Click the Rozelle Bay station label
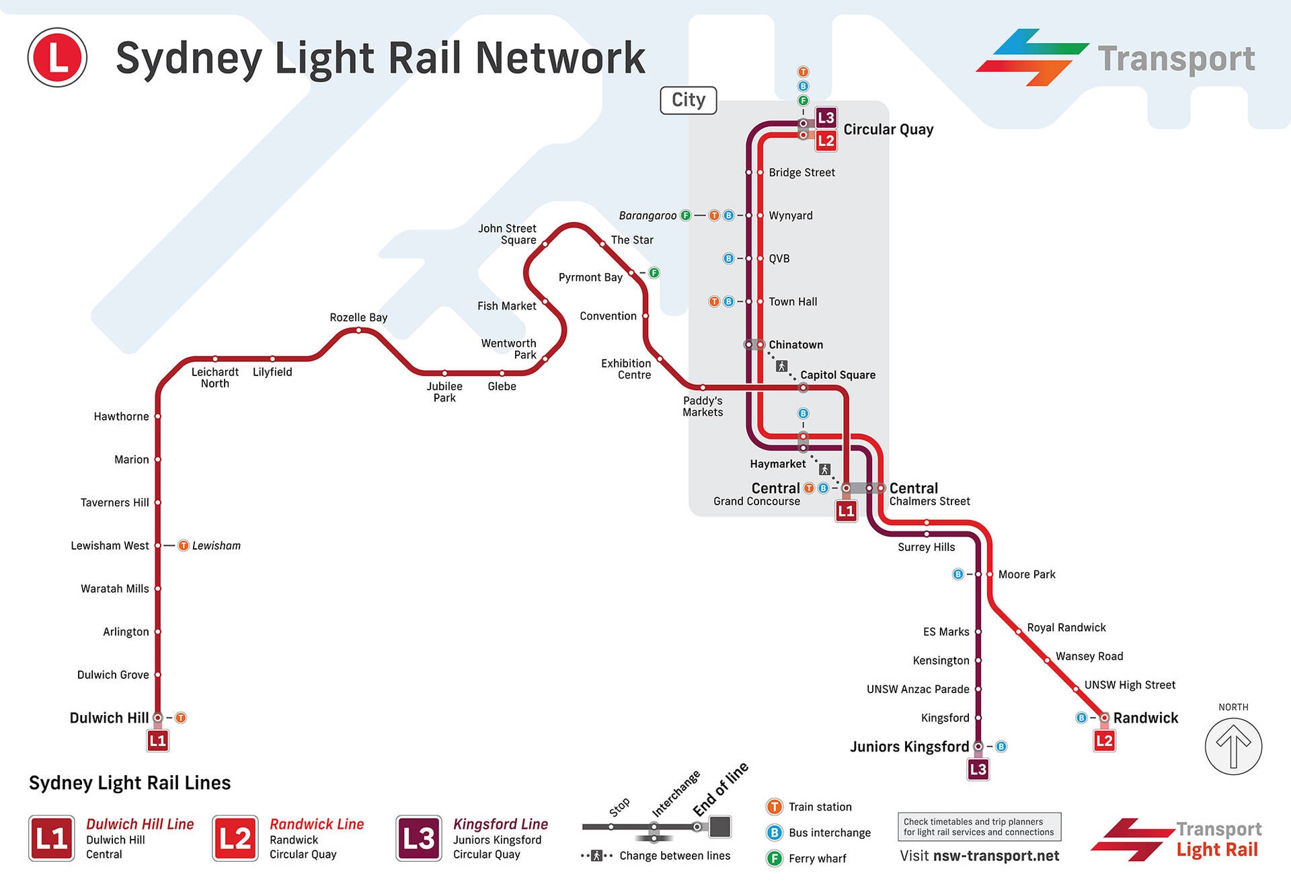point(358,317)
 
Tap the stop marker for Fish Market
point(545,301)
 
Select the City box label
point(689,100)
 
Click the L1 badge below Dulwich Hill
point(158,741)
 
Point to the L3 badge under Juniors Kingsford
point(978,769)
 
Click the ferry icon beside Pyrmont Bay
point(654,272)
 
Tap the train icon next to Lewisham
point(183,546)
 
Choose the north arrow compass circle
point(1233,746)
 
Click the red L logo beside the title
point(57,57)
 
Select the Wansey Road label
point(1089,656)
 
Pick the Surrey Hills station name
point(926,547)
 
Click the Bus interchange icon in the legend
point(775,832)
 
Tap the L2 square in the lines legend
point(235,838)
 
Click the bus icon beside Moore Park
point(958,574)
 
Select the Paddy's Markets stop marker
point(703,387)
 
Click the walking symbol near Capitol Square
point(781,366)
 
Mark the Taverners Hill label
point(115,503)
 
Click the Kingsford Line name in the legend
point(500,824)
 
